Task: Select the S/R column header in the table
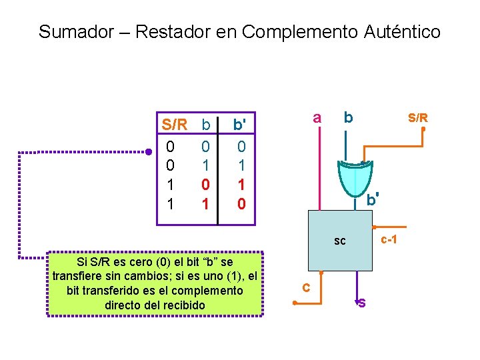175,125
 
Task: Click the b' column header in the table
239,125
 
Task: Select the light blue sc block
340,241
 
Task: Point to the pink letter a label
317,118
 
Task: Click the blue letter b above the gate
348,118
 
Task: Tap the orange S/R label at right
418,118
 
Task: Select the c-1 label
389,239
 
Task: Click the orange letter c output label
305,287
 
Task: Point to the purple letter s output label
361,303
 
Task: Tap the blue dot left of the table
149,152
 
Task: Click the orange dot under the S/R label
423,130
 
